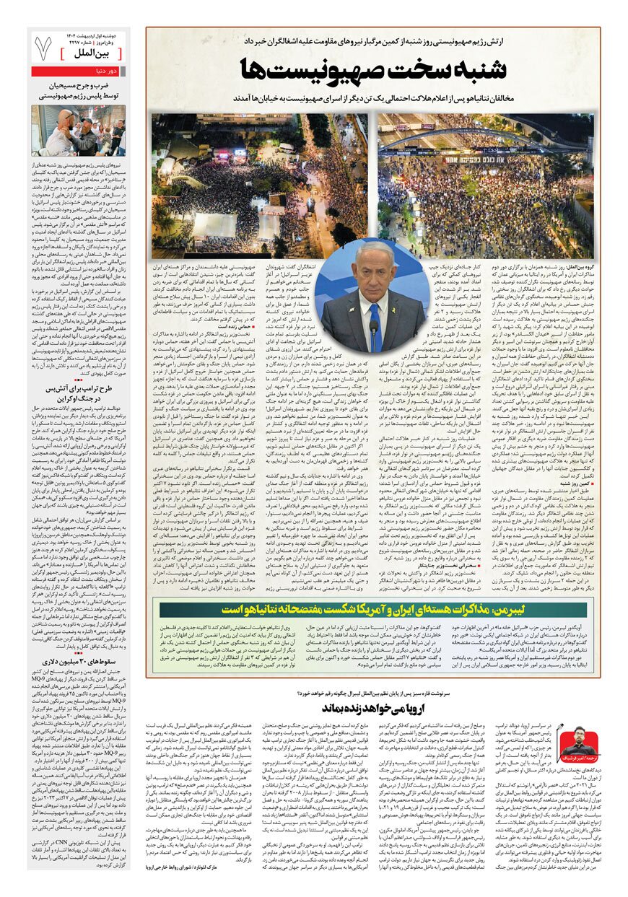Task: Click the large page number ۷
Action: pyautogui.click(x=43, y=48)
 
